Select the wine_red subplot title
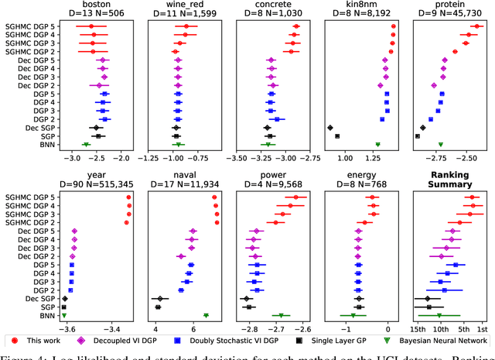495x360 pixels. pyautogui.click(x=179, y=5)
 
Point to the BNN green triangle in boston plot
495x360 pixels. pyautogui.click(x=86, y=144)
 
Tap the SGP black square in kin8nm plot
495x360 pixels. pyautogui.click(x=337, y=136)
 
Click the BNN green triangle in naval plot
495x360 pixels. pyautogui.click(x=206, y=315)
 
